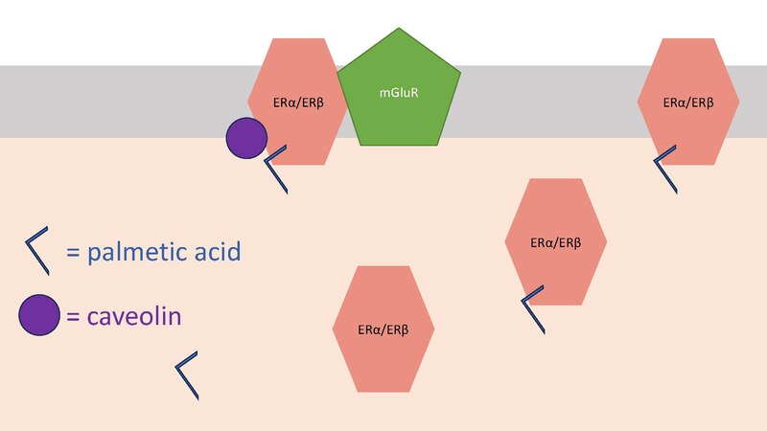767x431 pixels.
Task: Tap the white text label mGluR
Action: pos(399,92)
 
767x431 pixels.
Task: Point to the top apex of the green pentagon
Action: pos(399,28)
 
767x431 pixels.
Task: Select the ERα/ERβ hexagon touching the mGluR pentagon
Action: pos(298,102)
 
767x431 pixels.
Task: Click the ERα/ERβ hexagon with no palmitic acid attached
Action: pos(383,329)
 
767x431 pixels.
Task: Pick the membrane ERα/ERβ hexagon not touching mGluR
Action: pos(688,102)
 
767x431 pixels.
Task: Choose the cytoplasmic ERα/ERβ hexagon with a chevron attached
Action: pos(556,242)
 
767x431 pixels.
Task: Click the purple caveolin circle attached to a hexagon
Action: pos(246,138)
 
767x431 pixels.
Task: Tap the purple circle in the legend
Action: pos(39,315)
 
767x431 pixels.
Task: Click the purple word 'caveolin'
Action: pos(134,316)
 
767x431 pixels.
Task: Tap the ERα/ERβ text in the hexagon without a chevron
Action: pos(383,329)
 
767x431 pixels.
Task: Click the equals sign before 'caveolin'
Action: pos(73,316)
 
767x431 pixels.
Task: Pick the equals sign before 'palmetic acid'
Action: pos(73,253)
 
